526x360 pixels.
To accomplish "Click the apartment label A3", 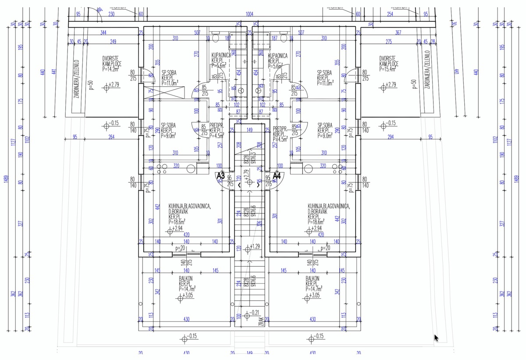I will pos(221,176).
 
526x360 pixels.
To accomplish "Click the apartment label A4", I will pos(277,176).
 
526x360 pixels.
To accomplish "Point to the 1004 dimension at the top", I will pos(250,14).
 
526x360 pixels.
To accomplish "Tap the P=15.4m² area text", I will pos(387,69).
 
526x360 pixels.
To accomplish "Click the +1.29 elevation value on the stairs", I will pos(255,247).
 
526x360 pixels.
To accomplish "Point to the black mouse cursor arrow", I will pos(437,338).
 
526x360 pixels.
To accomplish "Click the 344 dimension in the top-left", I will pos(103,33).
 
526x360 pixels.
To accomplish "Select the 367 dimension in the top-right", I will pos(398,33).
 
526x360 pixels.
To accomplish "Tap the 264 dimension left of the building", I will pos(111,137).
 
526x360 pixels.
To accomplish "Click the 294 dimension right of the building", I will pos(390,137).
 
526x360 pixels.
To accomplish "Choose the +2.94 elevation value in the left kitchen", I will pos(177,228).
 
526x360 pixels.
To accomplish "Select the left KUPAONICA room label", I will pos(221,56).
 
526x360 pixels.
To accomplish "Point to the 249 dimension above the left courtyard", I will pos(113,42).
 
